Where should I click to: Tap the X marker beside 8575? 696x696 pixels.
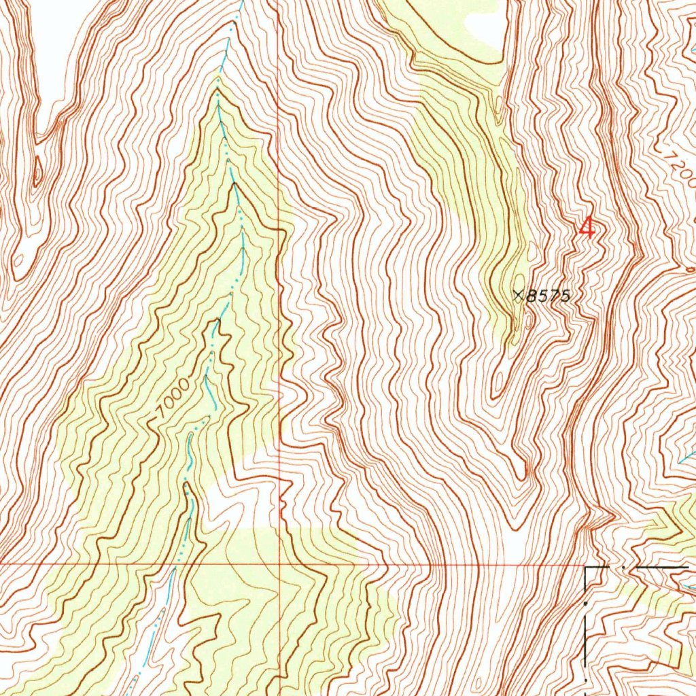pyautogui.click(x=519, y=295)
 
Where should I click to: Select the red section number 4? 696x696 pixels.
pyautogui.click(x=587, y=227)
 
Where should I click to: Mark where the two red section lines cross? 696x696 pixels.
pyautogui.click(x=279, y=564)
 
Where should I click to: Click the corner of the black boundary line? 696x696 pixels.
pyautogui.click(x=587, y=566)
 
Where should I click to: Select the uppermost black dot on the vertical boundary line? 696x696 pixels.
pyautogui.click(x=587, y=602)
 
